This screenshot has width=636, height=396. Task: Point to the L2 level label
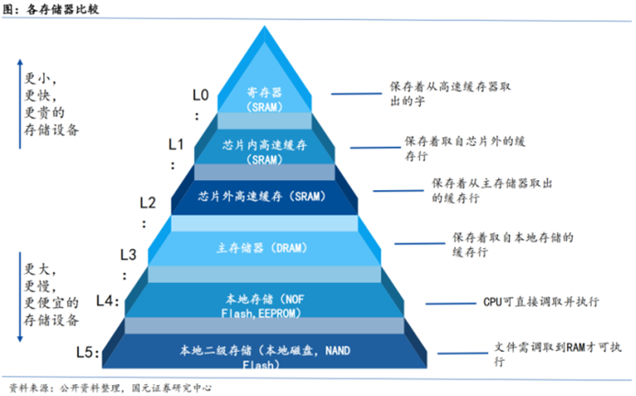click(x=147, y=202)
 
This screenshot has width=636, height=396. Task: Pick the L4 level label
click(x=108, y=301)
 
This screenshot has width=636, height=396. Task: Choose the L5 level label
click(x=87, y=352)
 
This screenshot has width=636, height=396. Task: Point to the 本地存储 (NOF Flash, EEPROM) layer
click(x=270, y=304)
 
